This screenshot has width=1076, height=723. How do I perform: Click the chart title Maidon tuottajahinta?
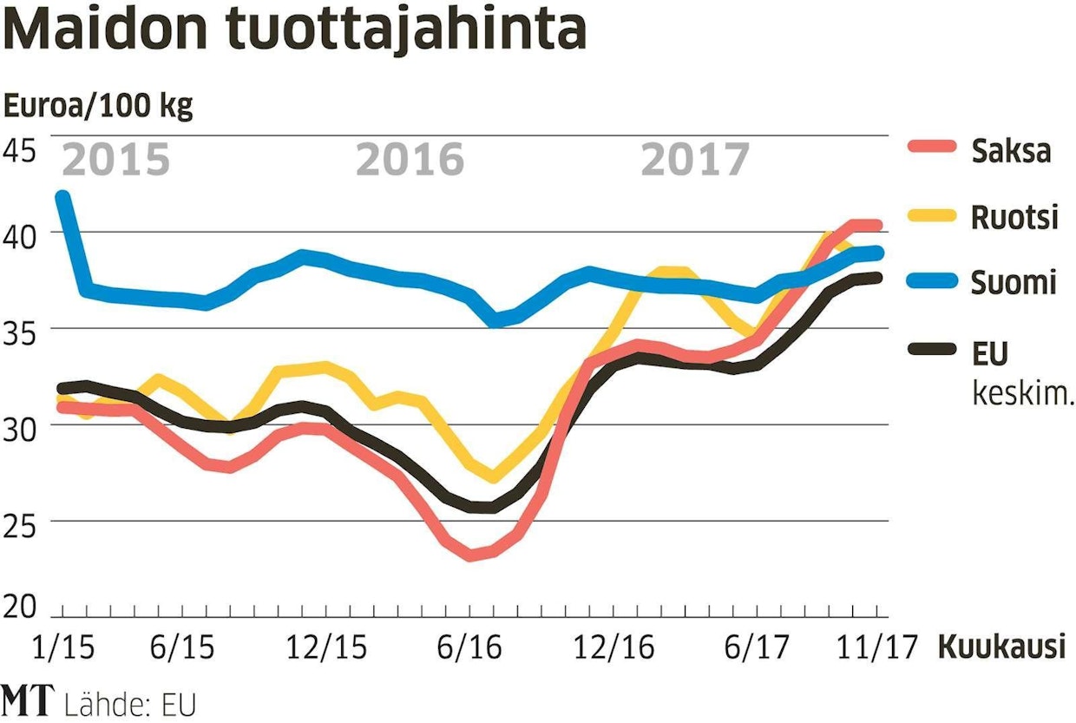point(296,31)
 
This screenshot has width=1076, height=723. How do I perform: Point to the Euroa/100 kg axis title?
point(99,108)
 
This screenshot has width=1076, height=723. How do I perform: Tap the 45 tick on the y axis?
point(20,150)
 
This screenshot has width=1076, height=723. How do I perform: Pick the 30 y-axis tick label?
point(20,428)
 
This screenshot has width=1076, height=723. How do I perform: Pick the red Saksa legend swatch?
point(931,150)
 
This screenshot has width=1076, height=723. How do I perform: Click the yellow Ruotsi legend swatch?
point(931,217)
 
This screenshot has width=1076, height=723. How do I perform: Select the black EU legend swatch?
point(931,350)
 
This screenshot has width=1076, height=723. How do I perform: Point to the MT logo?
point(28,701)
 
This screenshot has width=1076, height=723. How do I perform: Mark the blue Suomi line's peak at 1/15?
point(62,198)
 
